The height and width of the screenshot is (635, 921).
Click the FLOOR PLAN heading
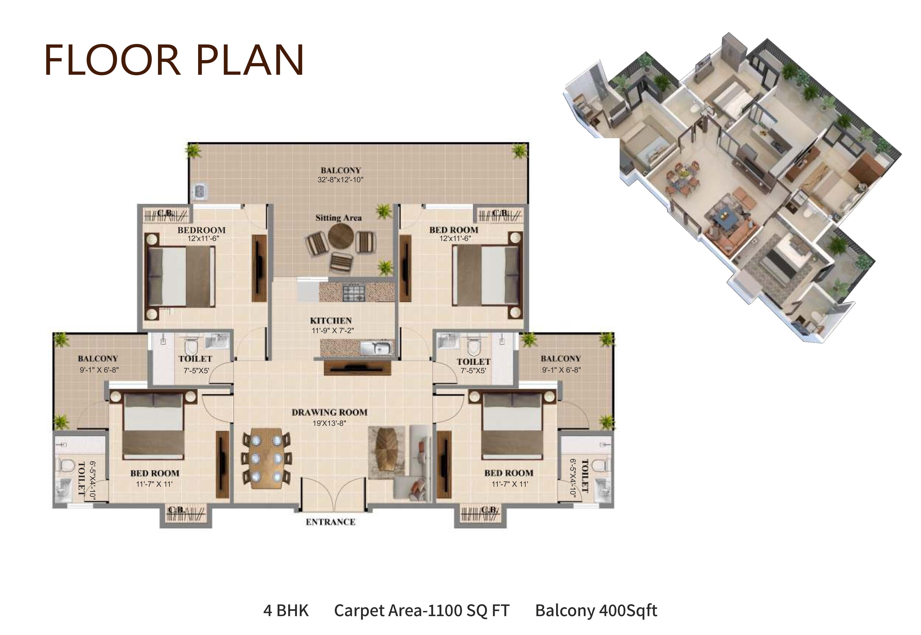(x=174, y=60)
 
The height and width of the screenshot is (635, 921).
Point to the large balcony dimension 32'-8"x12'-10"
(x=340, y=180)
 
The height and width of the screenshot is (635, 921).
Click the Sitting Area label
(x=338, y=218)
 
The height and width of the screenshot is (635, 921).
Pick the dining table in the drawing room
(x=266, y=457)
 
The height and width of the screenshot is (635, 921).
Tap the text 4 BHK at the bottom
(x=286, y=610)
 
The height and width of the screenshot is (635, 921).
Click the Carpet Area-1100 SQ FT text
(x=422, y=610)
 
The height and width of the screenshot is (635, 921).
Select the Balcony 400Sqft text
(x=596, y=610)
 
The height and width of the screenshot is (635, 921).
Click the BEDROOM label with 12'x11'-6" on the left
(x=202, y=230)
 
